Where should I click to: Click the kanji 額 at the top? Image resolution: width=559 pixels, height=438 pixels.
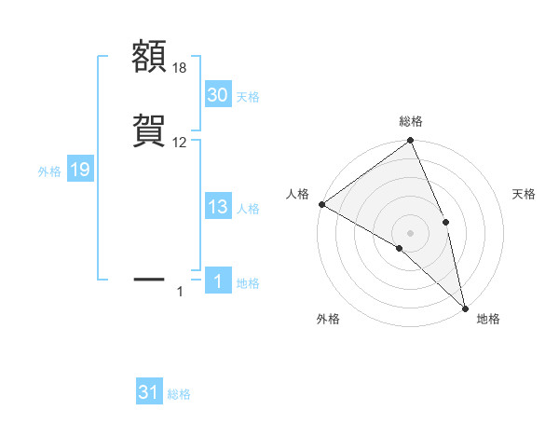point(150,58)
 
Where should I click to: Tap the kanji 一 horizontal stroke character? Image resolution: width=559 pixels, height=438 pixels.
point(150,278)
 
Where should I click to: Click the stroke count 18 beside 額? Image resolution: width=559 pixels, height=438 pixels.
point(181,68)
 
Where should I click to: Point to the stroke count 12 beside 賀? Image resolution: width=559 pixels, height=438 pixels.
point(180,143)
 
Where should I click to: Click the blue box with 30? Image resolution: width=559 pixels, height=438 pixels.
point(217,95)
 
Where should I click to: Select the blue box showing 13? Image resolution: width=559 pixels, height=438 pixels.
point(217,208)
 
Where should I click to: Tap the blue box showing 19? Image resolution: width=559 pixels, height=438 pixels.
point(79,170)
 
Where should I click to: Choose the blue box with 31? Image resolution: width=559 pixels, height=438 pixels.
point(149,392)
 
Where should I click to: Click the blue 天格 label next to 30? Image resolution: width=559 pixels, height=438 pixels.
point(248,96)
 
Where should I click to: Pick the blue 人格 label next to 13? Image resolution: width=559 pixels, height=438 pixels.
point(248,209)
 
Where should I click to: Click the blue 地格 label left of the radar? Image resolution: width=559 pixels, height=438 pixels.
point(248,283)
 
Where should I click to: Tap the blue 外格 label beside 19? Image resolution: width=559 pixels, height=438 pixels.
point(48,171)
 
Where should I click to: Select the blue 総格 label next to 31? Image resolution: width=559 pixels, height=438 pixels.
point(179,394)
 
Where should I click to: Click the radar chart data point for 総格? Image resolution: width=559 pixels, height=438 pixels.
point(410,141)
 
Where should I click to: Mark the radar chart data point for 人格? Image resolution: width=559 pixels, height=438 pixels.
point(321,204)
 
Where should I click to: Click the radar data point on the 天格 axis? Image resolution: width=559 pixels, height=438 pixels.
point(445,222)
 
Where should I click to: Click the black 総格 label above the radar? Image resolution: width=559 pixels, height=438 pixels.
point(411,121)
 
